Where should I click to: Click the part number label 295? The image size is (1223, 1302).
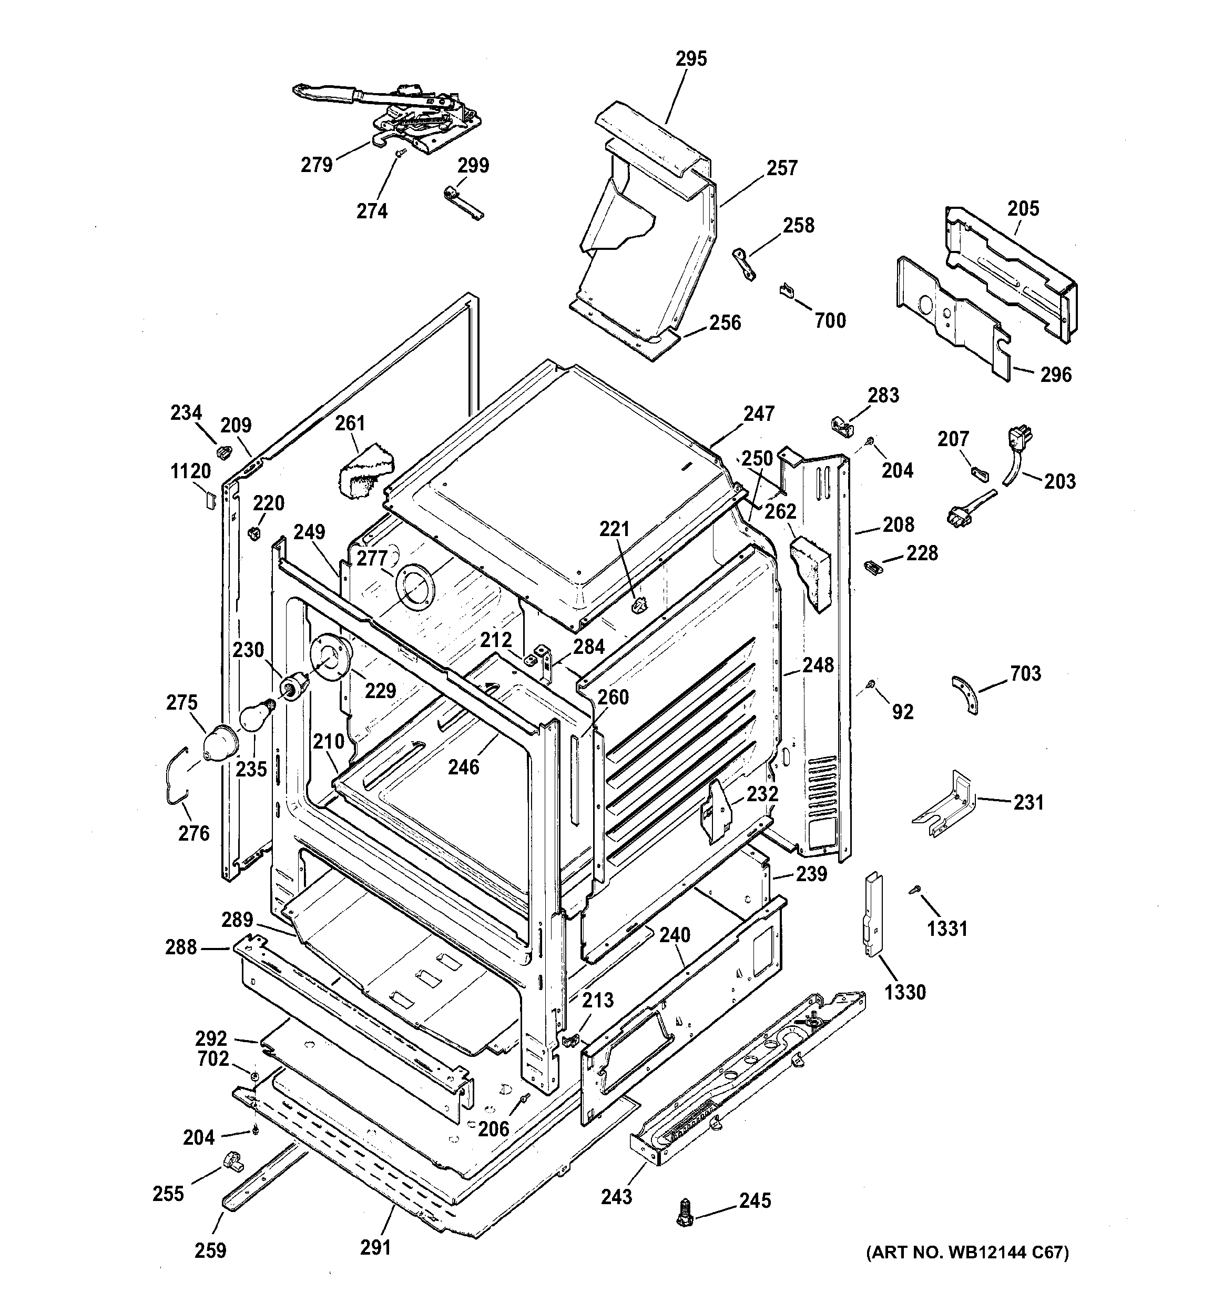tap(691, 59)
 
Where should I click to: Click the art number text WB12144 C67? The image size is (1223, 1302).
tap(967, 1253)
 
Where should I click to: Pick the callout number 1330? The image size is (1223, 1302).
tap(905, 992)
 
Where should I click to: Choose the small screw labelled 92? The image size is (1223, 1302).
tap(871, 684)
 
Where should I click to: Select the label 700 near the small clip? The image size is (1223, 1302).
tap(830, 321)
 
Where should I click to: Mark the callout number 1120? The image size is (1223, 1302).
tap(190, 471)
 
